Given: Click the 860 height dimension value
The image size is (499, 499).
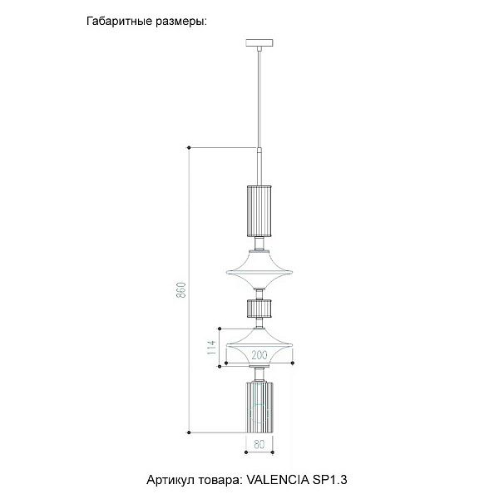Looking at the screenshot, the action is (180, 289).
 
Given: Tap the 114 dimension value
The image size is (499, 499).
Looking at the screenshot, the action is (211, 348).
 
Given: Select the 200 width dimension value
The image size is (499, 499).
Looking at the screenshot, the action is (259, 355).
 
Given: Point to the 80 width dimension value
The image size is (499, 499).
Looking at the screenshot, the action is (259, 444).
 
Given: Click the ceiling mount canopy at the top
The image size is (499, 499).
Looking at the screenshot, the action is (259, 42).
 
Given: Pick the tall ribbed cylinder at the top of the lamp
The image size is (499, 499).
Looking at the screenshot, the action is (259, 211).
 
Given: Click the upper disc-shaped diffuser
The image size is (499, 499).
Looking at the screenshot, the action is (259, 269).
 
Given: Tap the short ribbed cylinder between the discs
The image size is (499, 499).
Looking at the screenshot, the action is (259, 309).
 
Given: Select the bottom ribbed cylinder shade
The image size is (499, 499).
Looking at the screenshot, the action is (259, 408).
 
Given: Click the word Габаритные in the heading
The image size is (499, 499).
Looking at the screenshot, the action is (118, 22).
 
